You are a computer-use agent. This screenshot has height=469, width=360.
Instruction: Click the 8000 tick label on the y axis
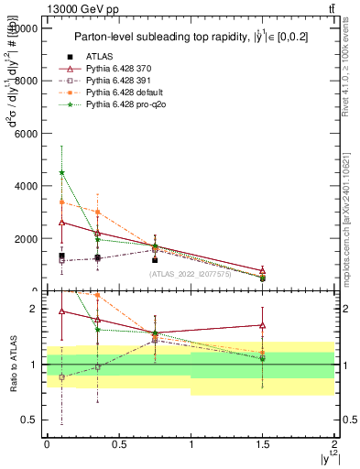(x=25, y=81)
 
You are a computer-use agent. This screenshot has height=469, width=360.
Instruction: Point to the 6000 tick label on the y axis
(x=25, y=134)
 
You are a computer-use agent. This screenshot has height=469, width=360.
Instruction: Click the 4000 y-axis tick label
(x=25, y=186)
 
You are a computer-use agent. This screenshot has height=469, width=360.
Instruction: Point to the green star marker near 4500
(x=61, y=172)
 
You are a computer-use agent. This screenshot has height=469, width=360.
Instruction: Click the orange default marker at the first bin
(x=61, y=202)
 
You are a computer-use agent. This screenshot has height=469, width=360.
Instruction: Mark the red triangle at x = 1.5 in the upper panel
(x=263, y=270)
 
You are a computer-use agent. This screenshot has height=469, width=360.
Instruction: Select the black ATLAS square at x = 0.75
(x=155, y=260)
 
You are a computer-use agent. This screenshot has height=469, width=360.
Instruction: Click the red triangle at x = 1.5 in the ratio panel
(x=263, y=325)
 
